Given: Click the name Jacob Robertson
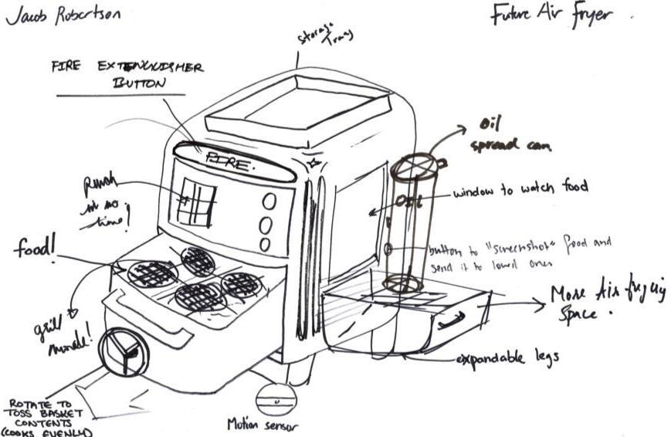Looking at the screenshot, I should tap(64, 16).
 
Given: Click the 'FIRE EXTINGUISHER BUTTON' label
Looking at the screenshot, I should tap(130, 75).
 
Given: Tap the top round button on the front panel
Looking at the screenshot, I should tap(269, 202).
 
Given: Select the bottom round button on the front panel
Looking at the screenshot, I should tap(265, 245).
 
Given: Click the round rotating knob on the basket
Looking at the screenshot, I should tap(125, 351).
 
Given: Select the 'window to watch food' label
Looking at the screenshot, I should tap(520, 187).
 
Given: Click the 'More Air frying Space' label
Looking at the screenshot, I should tap(607, 303).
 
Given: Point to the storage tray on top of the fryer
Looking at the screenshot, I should tap(297, 111).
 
